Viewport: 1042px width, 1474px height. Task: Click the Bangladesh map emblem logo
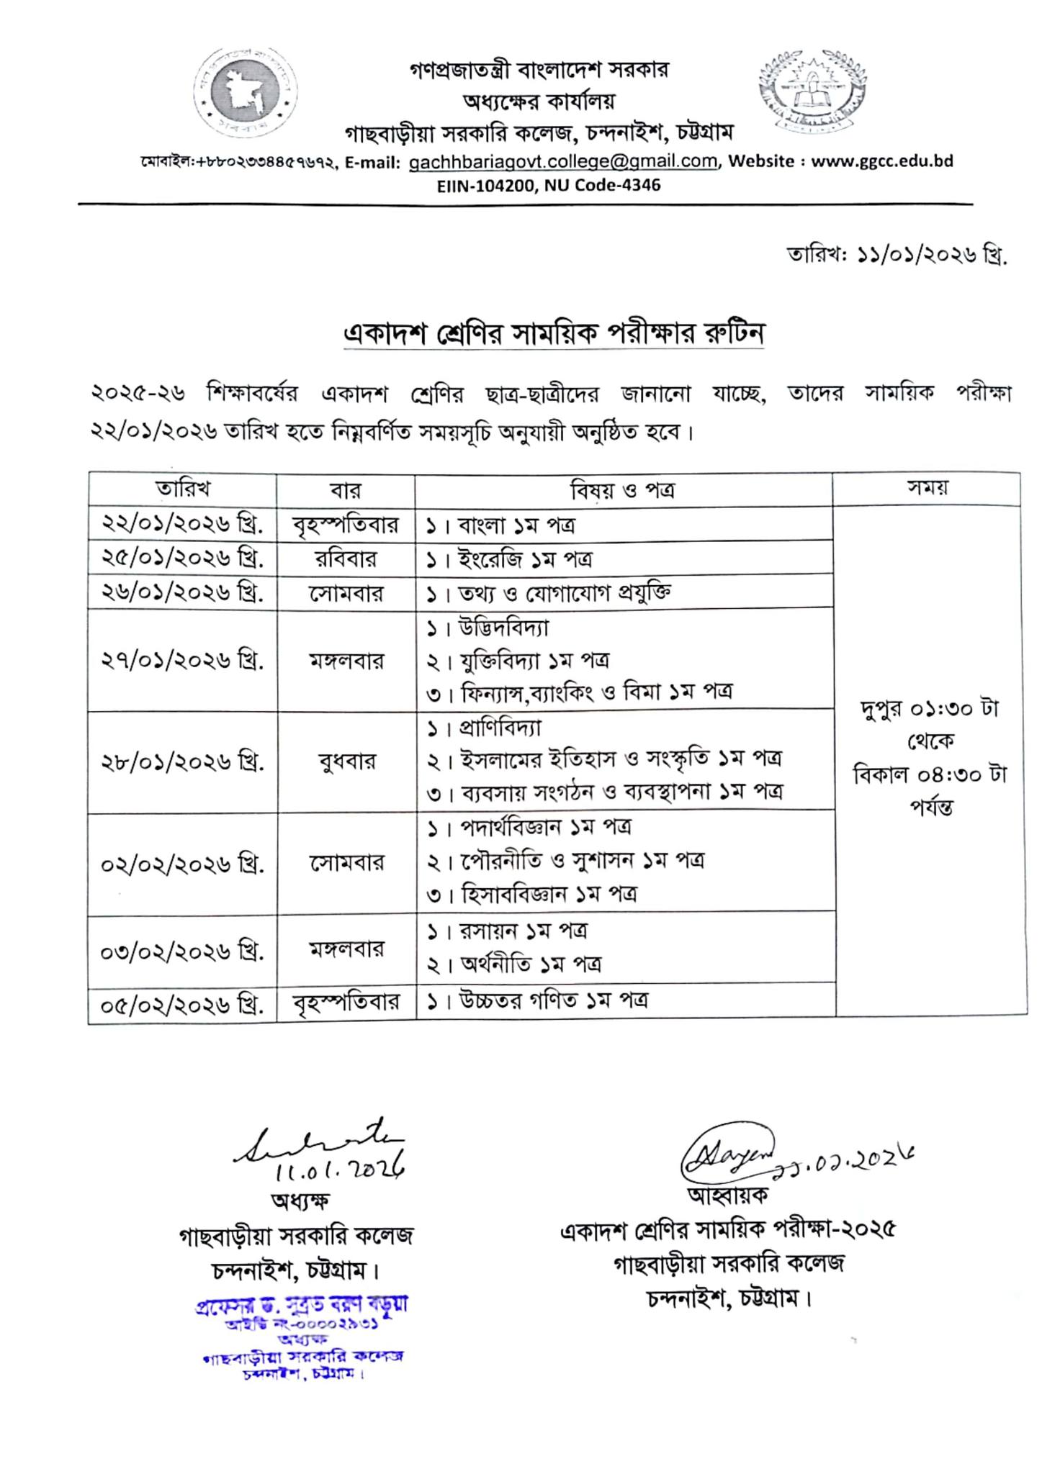tap(246, 91)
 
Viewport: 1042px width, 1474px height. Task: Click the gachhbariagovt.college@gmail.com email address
tap(563, 161)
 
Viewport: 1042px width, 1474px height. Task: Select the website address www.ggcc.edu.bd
tap(882, 161)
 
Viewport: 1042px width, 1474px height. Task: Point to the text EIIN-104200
tap(483, 185)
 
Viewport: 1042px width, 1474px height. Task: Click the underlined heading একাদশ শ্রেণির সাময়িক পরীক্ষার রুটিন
tap(553, 333)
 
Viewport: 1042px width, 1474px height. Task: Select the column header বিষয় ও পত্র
tap(623, 489)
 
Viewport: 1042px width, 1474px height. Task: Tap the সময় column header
tap(928, 488)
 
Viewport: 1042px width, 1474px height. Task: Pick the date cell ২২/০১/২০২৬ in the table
tap(182, 524)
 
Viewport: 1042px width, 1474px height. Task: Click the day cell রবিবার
tap(346, 559)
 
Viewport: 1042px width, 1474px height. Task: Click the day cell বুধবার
tap(346, 761)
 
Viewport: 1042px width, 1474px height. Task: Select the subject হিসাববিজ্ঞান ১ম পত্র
tap(547, 894)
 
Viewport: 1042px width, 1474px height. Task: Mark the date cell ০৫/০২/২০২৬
tap(182, 1003)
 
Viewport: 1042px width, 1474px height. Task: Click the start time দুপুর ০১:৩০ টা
tap(929, 709)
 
